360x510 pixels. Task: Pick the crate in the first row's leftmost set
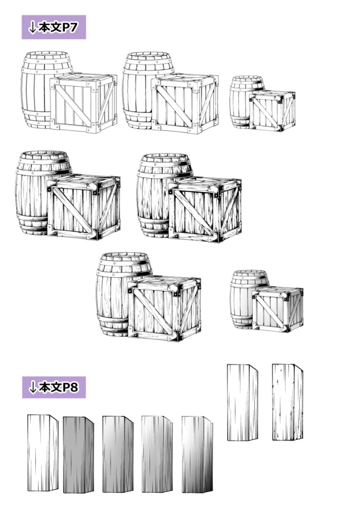[83, 103]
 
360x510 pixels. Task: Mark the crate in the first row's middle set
[184, 103]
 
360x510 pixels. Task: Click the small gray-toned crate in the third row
[277, 309]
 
